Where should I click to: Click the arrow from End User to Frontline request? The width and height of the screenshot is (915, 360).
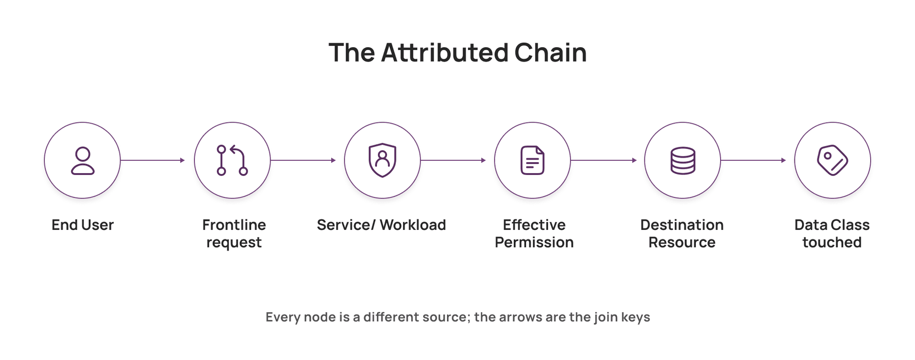click(x=152, y=160)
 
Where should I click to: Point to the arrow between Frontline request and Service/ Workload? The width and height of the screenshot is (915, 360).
click(x=303, y=160)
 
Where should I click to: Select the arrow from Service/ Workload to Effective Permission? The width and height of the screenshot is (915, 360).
click(x=453, y=160)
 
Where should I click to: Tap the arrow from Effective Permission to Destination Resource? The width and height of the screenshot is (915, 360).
click(x=603, y=160)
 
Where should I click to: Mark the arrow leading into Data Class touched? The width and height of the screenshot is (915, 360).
click(x=753, y=160)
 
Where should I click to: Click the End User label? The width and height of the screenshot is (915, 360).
click(x=82, y=225)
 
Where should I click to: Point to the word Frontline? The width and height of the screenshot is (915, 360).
click(x=234, y=225)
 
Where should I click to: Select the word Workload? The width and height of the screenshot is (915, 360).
click(x=413, y=225)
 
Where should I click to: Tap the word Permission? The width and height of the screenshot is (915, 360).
click(x=534, y=242)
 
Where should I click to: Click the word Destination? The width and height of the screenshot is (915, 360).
click(x=682, y=225)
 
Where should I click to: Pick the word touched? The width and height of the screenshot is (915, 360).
click(x=832, y=242)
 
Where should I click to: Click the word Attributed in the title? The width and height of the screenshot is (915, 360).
click(x=445, y=52)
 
